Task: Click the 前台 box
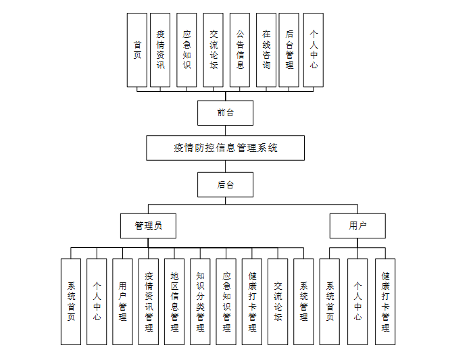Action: click(x=225, y=113)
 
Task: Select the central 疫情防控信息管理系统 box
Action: click(x=225, y=148)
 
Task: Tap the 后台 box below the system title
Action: click(x=225, y=184)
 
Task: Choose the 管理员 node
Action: click(x=148, y=226)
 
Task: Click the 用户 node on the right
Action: click(x=357, y=226)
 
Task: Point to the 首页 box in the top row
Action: click(x=137, y=50)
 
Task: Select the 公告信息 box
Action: click(x=240, y=50)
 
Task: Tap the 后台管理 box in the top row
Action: click(x=289, y=50)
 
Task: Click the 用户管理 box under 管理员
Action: click(x=122, y=301)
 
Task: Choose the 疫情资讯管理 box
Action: click(x=149, y=301)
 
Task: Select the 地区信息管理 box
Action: click(x=174, y=301)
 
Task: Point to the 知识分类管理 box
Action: click(x=200, y=301)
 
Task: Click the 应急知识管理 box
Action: click(x=226, y=301)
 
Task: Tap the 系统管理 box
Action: click(x=303, y=301)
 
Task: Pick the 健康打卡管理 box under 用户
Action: click(x=385, y=301)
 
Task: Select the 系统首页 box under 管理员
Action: click(x=71, y=301)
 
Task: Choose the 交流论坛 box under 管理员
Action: click(x=278, y=301)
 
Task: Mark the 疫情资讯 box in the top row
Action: click(x=160, y=50)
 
